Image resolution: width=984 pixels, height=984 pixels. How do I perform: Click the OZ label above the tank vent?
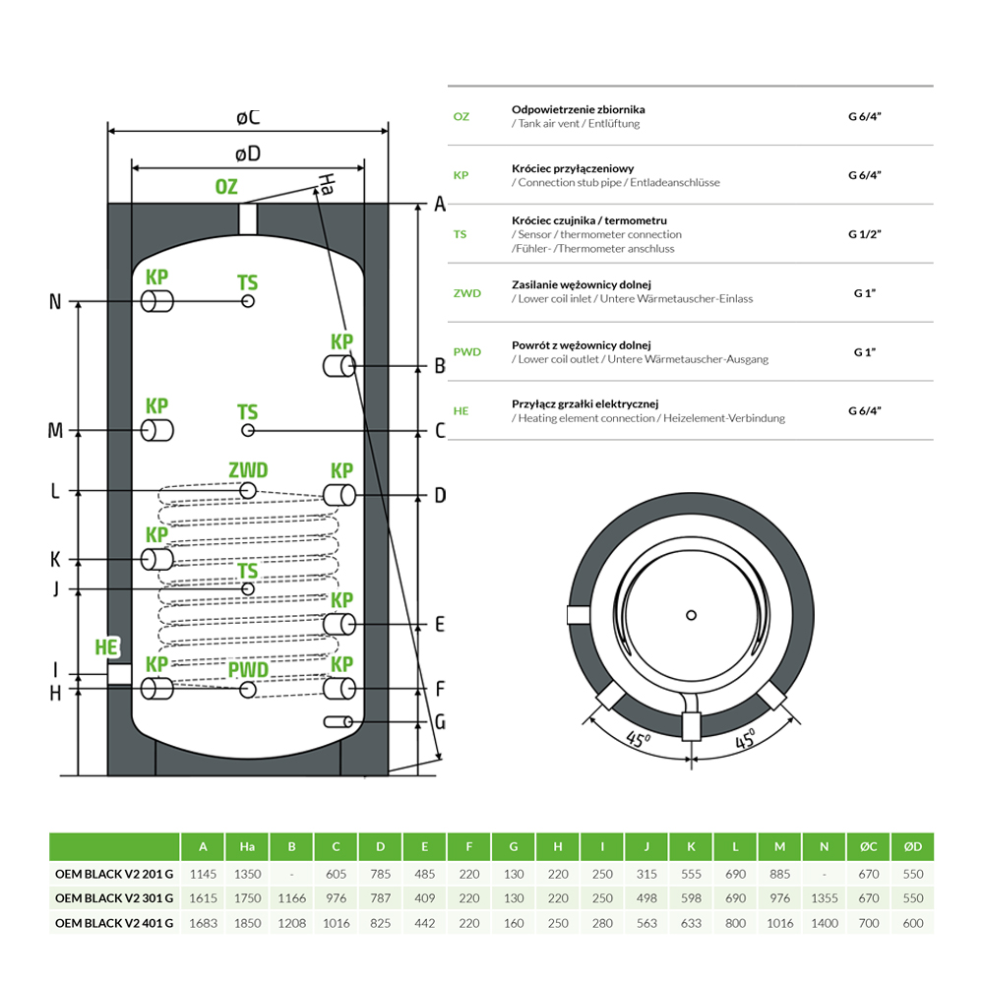(x=226, y=187)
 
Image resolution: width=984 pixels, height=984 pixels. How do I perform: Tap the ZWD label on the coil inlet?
(x=247, y=470)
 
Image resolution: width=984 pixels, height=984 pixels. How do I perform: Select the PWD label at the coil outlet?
(x=248, y=670)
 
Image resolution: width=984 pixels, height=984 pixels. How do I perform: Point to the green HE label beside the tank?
(x=106, y=647)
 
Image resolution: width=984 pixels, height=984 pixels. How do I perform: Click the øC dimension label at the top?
(x=248, y=117)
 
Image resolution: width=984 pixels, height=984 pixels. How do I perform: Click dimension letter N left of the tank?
(x=55, y=302)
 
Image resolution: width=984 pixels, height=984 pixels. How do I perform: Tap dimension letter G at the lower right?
(x=440, y=722)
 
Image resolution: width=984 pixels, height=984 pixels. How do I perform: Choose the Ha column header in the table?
(x=248, y=846)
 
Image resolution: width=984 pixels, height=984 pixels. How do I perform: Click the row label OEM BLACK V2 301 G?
(x=114, y=897)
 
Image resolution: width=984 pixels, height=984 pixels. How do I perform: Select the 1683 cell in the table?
(x=204, y=923)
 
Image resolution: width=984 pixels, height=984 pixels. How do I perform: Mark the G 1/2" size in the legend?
(x=865, y=234)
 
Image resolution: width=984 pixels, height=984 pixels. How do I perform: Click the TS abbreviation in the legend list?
(x=461, y=234)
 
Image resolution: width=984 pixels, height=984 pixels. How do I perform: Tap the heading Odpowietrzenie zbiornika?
(x=579, y=109)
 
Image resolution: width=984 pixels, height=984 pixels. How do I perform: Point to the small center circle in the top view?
(x=692, y=615)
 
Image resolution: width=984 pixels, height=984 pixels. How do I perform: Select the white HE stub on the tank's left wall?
(x=119, y=674)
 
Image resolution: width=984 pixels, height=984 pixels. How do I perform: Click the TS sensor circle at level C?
(x=248, y=431)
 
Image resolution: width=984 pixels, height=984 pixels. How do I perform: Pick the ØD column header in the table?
(x=912, y=846)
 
